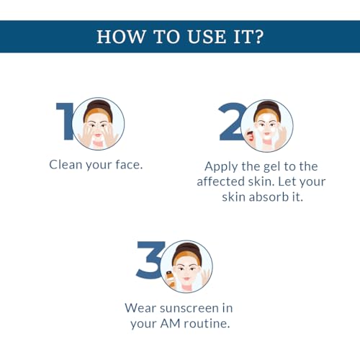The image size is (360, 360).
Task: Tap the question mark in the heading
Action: point(259,37)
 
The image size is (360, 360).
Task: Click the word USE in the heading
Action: point(207,37)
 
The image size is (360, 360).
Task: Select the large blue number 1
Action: point(64,121)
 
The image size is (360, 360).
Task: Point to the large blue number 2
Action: point(232,122)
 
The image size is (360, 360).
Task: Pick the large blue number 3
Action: point(150,260)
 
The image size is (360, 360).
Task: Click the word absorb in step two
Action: point(269,197)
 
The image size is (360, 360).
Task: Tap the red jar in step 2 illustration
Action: point(250,136)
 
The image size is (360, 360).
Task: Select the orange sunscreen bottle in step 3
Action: point(171,279)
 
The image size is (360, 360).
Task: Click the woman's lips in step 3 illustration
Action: point(187,279)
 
